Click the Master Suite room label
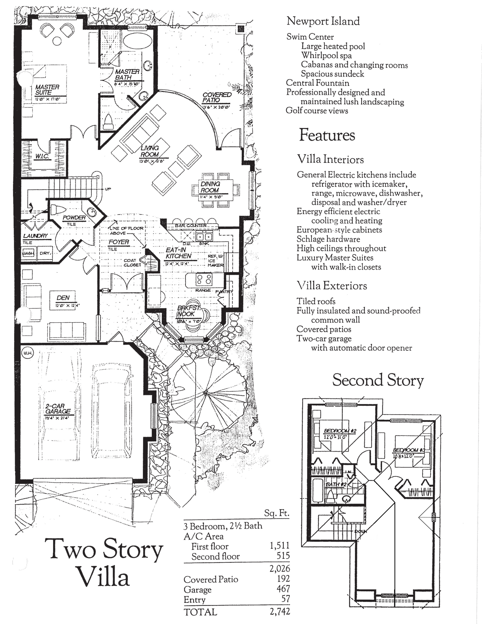click(x=47, y=90)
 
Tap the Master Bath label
click(x=127, y=74)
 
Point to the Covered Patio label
click(x=217, y=97)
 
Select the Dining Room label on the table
click(x=210, y=187)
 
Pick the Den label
click(x=63, y=298)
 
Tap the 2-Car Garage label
click(x=58, y=409)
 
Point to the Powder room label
click(x=74, y=218)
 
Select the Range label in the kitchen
click(x=203, y=290)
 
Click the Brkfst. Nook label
click(x=186, y=311)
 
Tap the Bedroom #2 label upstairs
click(x=340, y=431)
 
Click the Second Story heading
click(x=378, y=380)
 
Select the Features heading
click(x=327, y=135)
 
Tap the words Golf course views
click(x=317, y=111)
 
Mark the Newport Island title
click(x=323, y=21)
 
